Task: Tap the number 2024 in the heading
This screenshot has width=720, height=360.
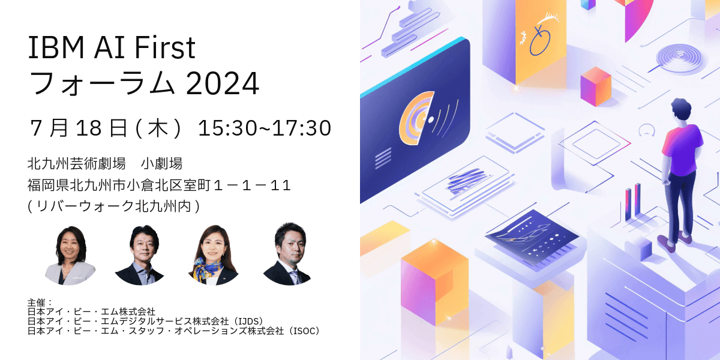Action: click(223, 83)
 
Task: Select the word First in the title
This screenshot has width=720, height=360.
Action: click(165, 47)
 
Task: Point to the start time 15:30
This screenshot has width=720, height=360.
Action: click(227, 128)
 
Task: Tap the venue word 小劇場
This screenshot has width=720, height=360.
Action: click(161, 164)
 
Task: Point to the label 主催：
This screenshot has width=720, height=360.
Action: click(40, 303)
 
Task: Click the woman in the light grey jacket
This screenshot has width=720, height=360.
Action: click(70, 256)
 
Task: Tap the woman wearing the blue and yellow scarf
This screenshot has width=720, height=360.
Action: click(213, 255)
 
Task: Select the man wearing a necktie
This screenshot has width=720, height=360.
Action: click(287, 254)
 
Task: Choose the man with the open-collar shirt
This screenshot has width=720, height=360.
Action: click(140, 255)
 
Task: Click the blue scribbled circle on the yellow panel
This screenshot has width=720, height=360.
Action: click(540, 41)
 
